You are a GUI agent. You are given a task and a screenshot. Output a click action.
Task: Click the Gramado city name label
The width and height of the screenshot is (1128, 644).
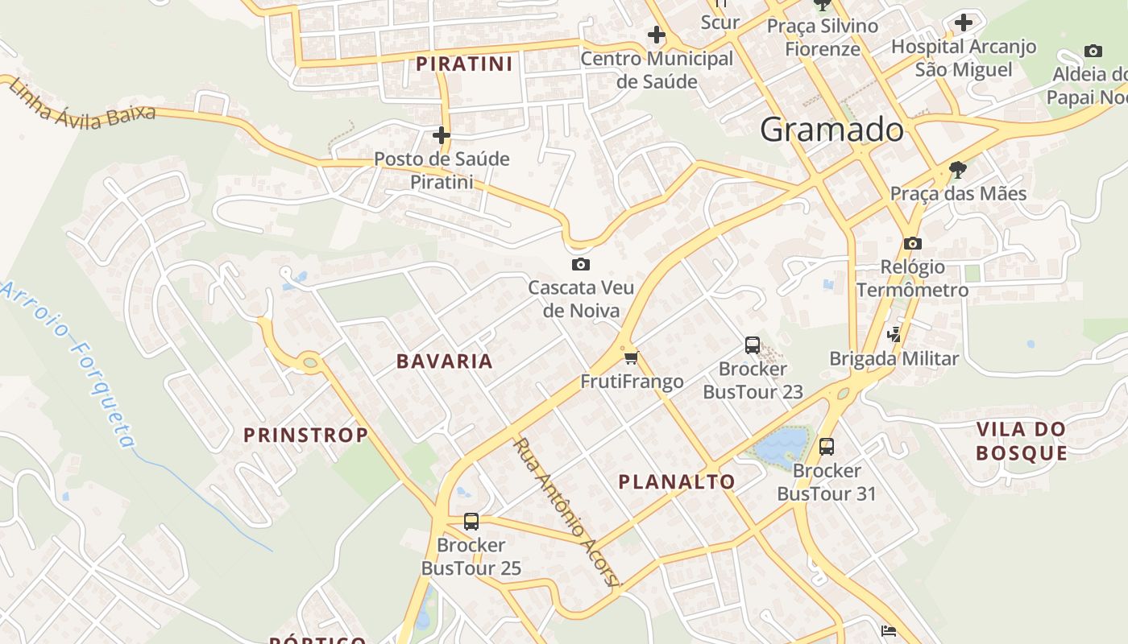coord(831,130)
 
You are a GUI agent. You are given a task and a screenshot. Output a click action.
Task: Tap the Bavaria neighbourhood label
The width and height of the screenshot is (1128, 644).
coord(444,361)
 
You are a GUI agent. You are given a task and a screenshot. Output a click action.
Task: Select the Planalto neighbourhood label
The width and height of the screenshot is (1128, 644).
coord(677,482)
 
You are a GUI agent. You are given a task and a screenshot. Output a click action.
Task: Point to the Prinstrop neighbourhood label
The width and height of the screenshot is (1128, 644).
coord(305,436)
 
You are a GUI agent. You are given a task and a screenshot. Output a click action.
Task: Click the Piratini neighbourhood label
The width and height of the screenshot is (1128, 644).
coord(464,64)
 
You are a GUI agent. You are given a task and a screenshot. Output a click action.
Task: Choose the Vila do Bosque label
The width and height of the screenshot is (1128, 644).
coord(1022,441)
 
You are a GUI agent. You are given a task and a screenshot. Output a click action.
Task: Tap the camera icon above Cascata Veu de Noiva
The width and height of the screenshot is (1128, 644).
coord(580,264)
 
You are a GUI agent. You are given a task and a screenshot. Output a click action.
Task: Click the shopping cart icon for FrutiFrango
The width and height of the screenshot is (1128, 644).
coord(631,357)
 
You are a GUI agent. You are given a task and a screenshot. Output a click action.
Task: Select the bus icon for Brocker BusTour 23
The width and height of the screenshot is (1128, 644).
coord(753,345)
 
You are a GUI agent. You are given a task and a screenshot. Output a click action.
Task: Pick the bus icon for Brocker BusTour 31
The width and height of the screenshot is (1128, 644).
coord(827,447)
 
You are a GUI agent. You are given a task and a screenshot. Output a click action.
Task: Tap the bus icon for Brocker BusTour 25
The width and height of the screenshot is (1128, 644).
coord(471,522)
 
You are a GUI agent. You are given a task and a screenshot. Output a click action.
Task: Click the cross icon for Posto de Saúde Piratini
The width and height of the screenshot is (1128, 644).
coord(442,134)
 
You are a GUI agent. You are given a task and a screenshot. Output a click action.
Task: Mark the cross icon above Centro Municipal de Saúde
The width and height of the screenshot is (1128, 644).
coord(657,35)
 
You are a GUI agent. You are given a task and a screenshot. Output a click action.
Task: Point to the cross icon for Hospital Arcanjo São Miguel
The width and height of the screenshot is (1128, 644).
coord(964,23)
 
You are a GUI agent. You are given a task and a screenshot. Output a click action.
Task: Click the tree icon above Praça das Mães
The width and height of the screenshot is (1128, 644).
coord(958,170)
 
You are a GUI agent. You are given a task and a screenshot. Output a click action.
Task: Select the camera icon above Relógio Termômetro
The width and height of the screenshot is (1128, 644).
coord(912,243)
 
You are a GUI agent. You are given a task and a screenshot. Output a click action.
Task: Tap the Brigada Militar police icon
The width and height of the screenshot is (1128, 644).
coord(894,334)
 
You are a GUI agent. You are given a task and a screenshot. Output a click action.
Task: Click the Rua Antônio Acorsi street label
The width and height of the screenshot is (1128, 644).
coord(565,511)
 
